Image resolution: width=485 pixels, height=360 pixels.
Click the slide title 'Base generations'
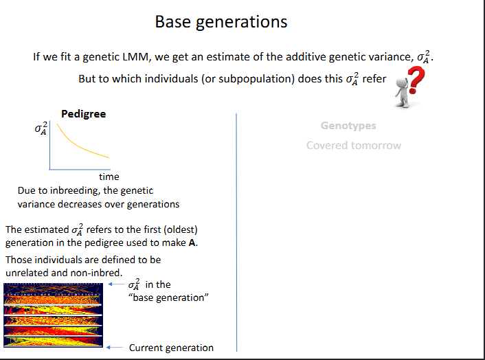point(221,21)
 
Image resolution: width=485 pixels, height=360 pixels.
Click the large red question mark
point(416,83)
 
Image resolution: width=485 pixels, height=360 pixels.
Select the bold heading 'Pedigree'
point(83,113)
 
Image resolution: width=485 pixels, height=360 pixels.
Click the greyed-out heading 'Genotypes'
point(348,126)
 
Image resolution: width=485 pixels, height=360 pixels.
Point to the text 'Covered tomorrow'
point(353,145)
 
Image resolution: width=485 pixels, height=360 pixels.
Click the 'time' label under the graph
point(109,177)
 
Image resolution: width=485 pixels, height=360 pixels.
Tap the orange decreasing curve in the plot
point(76,145)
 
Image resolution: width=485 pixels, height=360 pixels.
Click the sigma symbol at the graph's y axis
point(41,128)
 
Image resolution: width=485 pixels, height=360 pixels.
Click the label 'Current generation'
point(171,348)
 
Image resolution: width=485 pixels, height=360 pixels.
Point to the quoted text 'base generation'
point(168,297)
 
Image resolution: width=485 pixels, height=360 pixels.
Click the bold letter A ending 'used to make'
point(192,243)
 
